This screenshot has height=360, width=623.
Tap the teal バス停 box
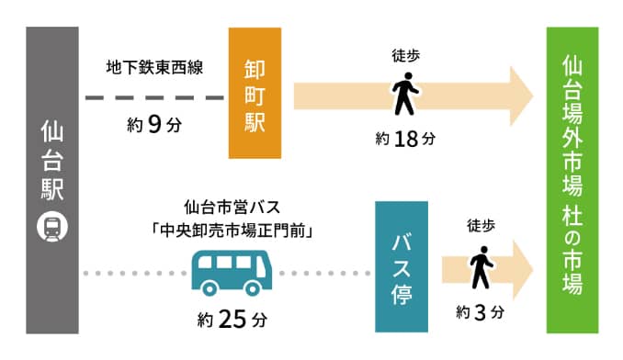[x=402, y=266]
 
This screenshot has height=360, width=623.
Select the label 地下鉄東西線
[x=154, y=65]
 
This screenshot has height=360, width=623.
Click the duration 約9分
[x=153, y=125]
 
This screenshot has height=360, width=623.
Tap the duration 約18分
[x=404, y=139]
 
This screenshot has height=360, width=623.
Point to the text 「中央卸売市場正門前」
[x=231, y=231]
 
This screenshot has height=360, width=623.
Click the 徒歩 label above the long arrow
[x=405, y=56]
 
